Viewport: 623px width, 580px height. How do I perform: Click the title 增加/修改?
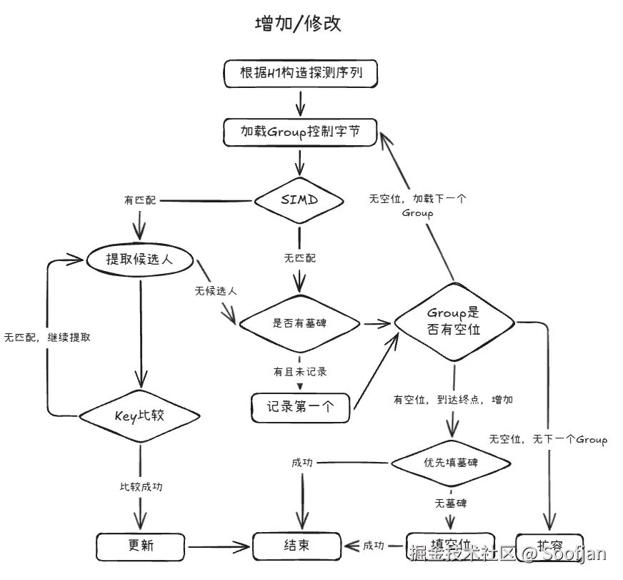[x=298, y=24]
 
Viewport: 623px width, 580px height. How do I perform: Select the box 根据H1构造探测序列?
[x=299, y=73]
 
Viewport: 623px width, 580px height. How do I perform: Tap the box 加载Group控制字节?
[x=299, y=132]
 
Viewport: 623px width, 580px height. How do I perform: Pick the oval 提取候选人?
[x=140, y=260]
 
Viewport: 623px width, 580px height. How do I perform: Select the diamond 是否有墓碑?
[x=299, y=323]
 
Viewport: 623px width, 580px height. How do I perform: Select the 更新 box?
[x=141, y=546]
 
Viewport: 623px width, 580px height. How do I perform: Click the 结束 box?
[x=296, y=546]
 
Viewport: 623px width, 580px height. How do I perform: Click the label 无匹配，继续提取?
[x=47, y=337]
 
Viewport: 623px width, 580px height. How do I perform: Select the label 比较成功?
[x=141, y=486]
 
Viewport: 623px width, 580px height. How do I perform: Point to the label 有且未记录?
[x=299, y=372]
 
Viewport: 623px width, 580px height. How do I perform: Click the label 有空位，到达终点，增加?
[x=453, y=400]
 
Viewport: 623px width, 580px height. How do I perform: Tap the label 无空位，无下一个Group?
[x=548, y=439]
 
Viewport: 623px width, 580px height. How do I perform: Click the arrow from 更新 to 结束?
[x=218, y=547]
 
